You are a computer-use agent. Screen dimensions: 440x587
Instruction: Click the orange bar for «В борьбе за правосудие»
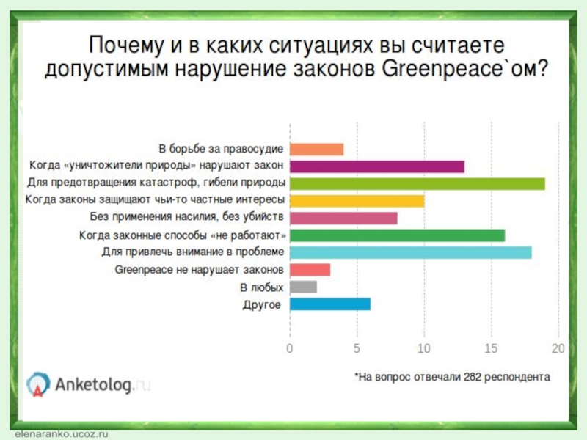(x=317, y=150)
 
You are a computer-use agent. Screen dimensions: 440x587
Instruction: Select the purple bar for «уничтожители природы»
(x=377, y=166)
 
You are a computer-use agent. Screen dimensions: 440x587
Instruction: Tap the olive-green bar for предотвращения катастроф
(x=418, y=184)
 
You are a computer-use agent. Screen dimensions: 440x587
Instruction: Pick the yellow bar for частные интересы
(x=357, y=201)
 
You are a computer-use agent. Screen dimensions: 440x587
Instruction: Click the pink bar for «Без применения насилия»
(x=343, y=218)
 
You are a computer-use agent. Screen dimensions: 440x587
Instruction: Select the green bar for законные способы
(x=397, y=235)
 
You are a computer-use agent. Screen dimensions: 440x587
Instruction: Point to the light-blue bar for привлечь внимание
(x=411, y=253)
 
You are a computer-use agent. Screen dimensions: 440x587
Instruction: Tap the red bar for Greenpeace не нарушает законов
(x=310, y=270)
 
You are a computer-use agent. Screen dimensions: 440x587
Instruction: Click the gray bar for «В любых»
(x=304, y=287)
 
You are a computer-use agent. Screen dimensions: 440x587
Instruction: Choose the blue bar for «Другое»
(x=330, y=304)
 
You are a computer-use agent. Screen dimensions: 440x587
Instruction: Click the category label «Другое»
(x=261, y=304)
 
